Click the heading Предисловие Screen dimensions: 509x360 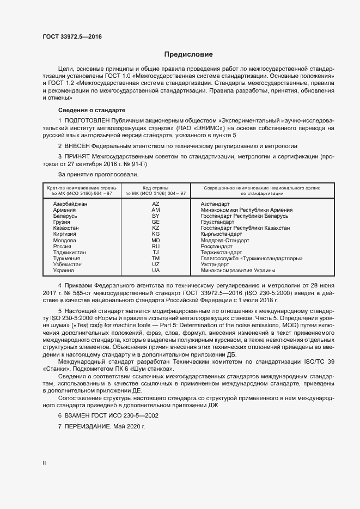pyautogui.click(x=189, y=54)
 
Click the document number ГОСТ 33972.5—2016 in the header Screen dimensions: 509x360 pyautogui.click(x=72, y=36)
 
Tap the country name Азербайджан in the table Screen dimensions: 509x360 pyautogui.click(x=70, y=203)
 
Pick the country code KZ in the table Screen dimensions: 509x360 pyautogui.click(x=155, y=228)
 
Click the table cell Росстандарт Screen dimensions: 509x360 pyautogui.click(x=218, y=246)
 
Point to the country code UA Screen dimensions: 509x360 pyautogui.click(x=155, y=271)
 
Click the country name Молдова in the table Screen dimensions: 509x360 pyautogui.click(x=65, y=240)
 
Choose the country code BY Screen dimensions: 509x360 pyautogui.click(x=155, y=216)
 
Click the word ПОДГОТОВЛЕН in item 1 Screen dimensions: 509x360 pyautogui.click(x=87, y=120)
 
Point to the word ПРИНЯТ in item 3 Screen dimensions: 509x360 pyautogui.click(x=78, y=156)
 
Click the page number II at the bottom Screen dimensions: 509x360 pyautogui.click(x=44, y=463)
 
